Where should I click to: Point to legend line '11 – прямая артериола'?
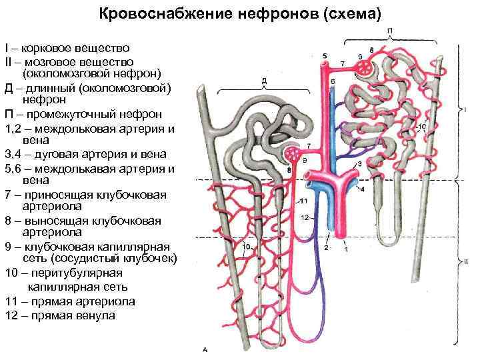click(69, 301)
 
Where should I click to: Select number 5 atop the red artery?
click(324, 55)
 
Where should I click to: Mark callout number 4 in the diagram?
click(362, 189)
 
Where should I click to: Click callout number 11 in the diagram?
click(303, 201)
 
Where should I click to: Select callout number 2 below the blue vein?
click(326, 247)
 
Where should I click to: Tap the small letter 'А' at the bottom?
click(205, 349)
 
